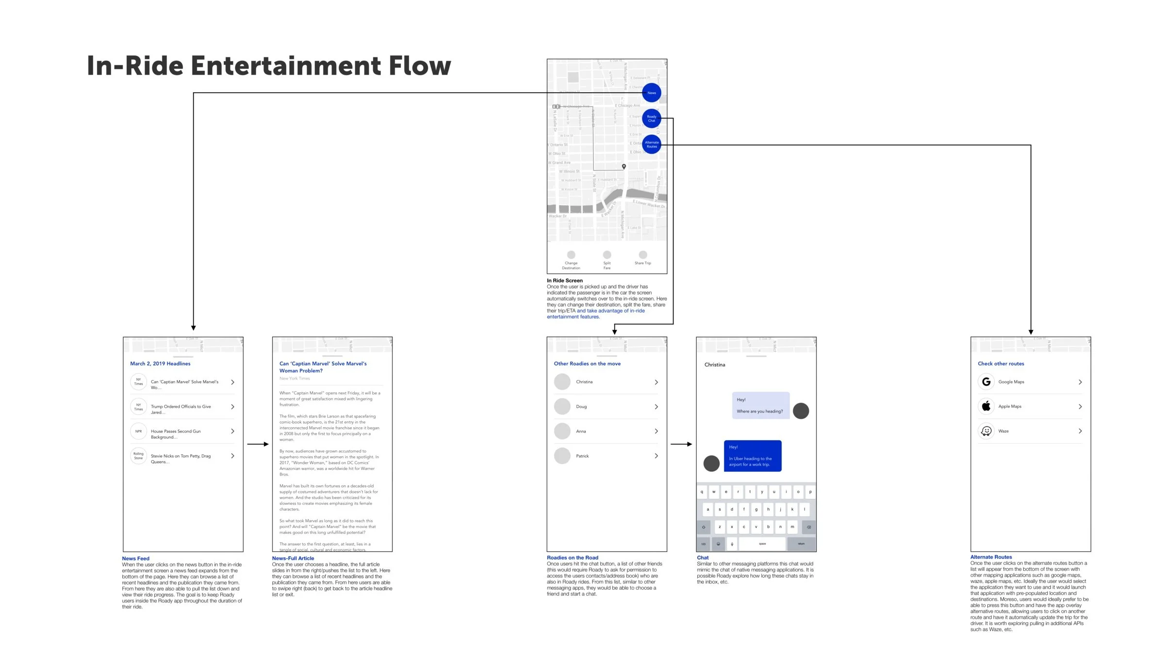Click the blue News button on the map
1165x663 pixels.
651,93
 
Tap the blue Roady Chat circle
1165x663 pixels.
651,118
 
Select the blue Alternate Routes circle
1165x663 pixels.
651,145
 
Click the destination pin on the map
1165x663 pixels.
624,166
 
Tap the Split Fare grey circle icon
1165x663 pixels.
607,255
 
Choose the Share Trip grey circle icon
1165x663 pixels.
643,255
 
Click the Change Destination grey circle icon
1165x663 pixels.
571,255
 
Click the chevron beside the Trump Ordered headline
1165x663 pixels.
233,407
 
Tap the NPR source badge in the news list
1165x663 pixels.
139,431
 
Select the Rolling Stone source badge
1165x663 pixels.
139,456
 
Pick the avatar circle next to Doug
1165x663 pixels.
562,407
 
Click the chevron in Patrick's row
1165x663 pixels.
656,456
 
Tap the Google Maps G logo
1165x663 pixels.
986,382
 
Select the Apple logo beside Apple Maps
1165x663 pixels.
986,406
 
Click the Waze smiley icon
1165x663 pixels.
986,431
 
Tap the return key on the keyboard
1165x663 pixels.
801,544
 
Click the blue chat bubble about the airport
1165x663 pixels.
753,456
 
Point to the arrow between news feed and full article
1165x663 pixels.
258,444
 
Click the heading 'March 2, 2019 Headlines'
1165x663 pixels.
160,364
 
